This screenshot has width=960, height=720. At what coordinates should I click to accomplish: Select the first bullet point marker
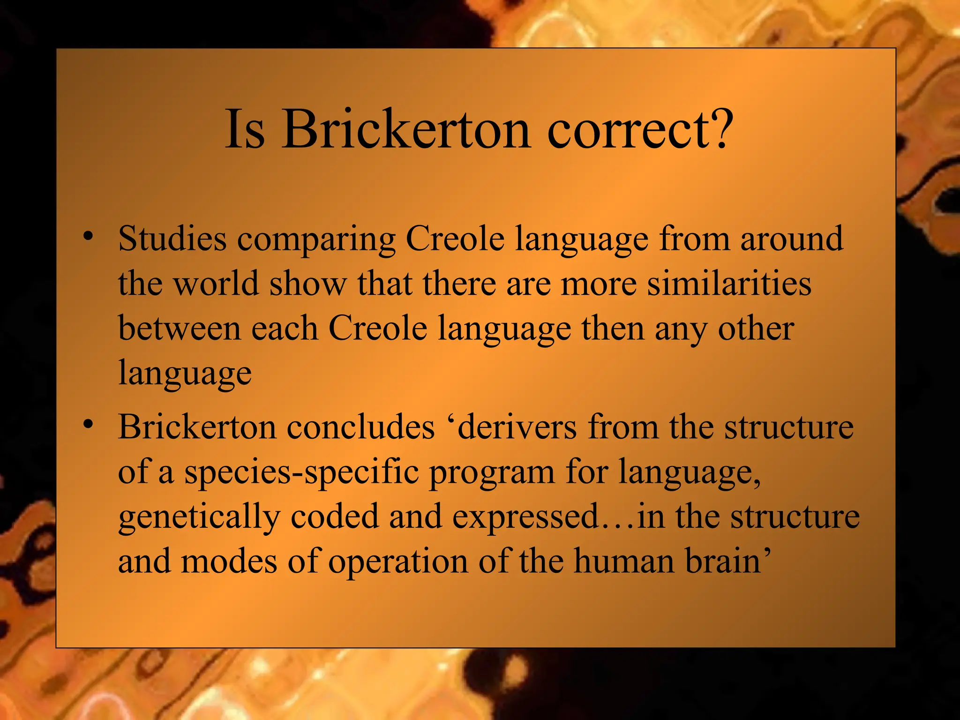87,237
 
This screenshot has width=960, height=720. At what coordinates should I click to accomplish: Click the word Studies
172,239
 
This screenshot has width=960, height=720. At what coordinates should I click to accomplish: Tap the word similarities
729,284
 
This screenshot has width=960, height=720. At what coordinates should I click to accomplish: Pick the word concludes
360,427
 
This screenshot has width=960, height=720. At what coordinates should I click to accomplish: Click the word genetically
199,518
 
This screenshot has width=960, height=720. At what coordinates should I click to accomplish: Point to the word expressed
525,518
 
